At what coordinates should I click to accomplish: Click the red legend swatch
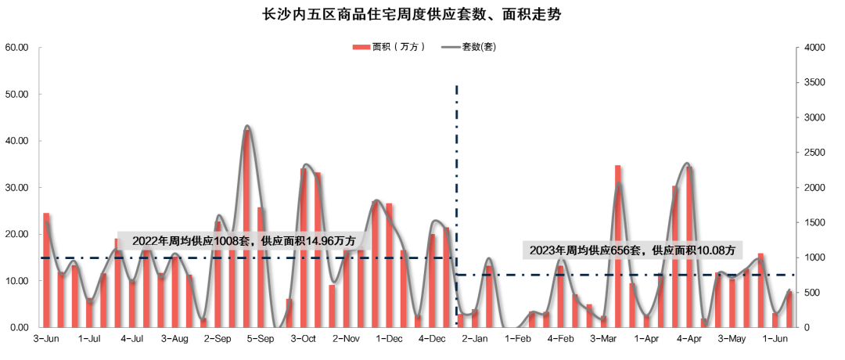coord(361,47)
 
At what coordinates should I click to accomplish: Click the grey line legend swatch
coord(451,47)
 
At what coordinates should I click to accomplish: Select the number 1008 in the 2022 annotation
coord(230,241)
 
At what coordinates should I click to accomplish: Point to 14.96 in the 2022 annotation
coord(326,241)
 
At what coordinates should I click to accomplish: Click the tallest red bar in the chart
coord(246,227)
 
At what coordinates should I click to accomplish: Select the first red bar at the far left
coord(46,270)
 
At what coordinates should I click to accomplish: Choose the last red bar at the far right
coord(789,309)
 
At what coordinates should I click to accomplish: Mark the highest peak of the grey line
coord(246,125)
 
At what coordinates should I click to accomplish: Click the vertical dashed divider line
coord(456,157)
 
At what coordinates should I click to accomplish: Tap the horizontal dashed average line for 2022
coord(78,257)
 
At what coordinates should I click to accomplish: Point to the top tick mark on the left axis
coord(39,48)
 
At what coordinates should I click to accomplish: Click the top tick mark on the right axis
coord(796,48)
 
